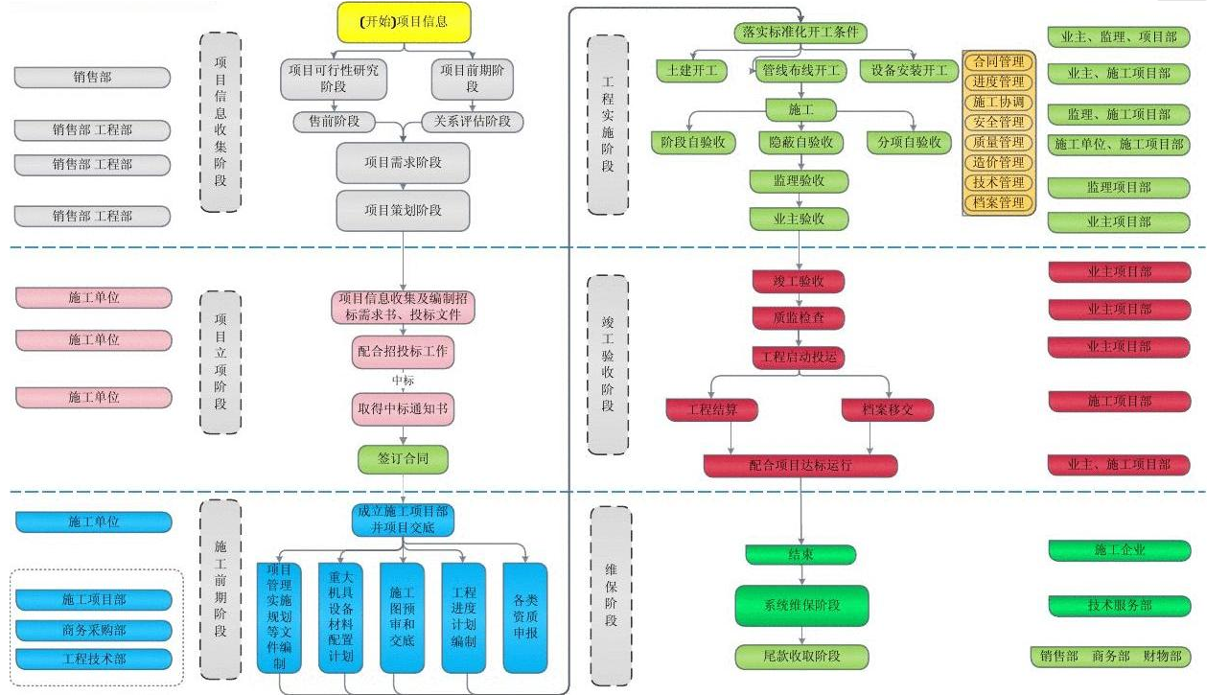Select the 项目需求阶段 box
403,163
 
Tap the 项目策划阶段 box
403,210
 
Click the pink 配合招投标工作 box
403,353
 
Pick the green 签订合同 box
403,459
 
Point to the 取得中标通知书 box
403,409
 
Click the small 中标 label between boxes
403,382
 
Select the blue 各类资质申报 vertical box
525,616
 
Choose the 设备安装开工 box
909,71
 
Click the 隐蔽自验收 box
800,142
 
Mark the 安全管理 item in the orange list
998,122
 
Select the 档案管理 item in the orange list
998,202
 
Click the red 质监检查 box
797,316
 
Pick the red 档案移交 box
888,409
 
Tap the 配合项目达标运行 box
800,466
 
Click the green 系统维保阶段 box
801,606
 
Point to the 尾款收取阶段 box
801,657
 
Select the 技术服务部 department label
1119,606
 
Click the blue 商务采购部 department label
94,630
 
